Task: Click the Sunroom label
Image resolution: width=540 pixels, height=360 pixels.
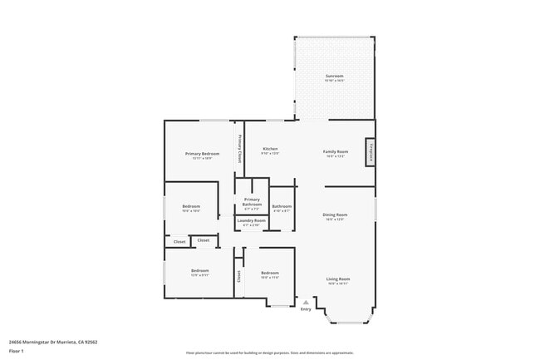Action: tap(334, 76)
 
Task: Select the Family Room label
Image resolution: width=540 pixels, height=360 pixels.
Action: tap(336, 151)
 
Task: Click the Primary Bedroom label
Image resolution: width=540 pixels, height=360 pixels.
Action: tap(202, 154)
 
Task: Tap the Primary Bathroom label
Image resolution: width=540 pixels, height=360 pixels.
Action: tap(252, 201)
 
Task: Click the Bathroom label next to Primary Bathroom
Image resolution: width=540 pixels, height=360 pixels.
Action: tap(282, 207)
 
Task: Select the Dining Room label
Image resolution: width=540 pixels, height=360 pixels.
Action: tap(335, 215)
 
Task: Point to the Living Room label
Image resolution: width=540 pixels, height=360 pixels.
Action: tap(337, 279)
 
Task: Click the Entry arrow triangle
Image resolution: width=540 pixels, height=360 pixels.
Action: tap(306, 302)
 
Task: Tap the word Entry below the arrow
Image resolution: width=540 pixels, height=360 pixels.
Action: tap(306, 309)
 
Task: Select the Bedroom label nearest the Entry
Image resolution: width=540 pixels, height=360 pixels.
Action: tap(270, 274)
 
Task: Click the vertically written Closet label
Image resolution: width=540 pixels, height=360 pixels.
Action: tap(239, 276)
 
